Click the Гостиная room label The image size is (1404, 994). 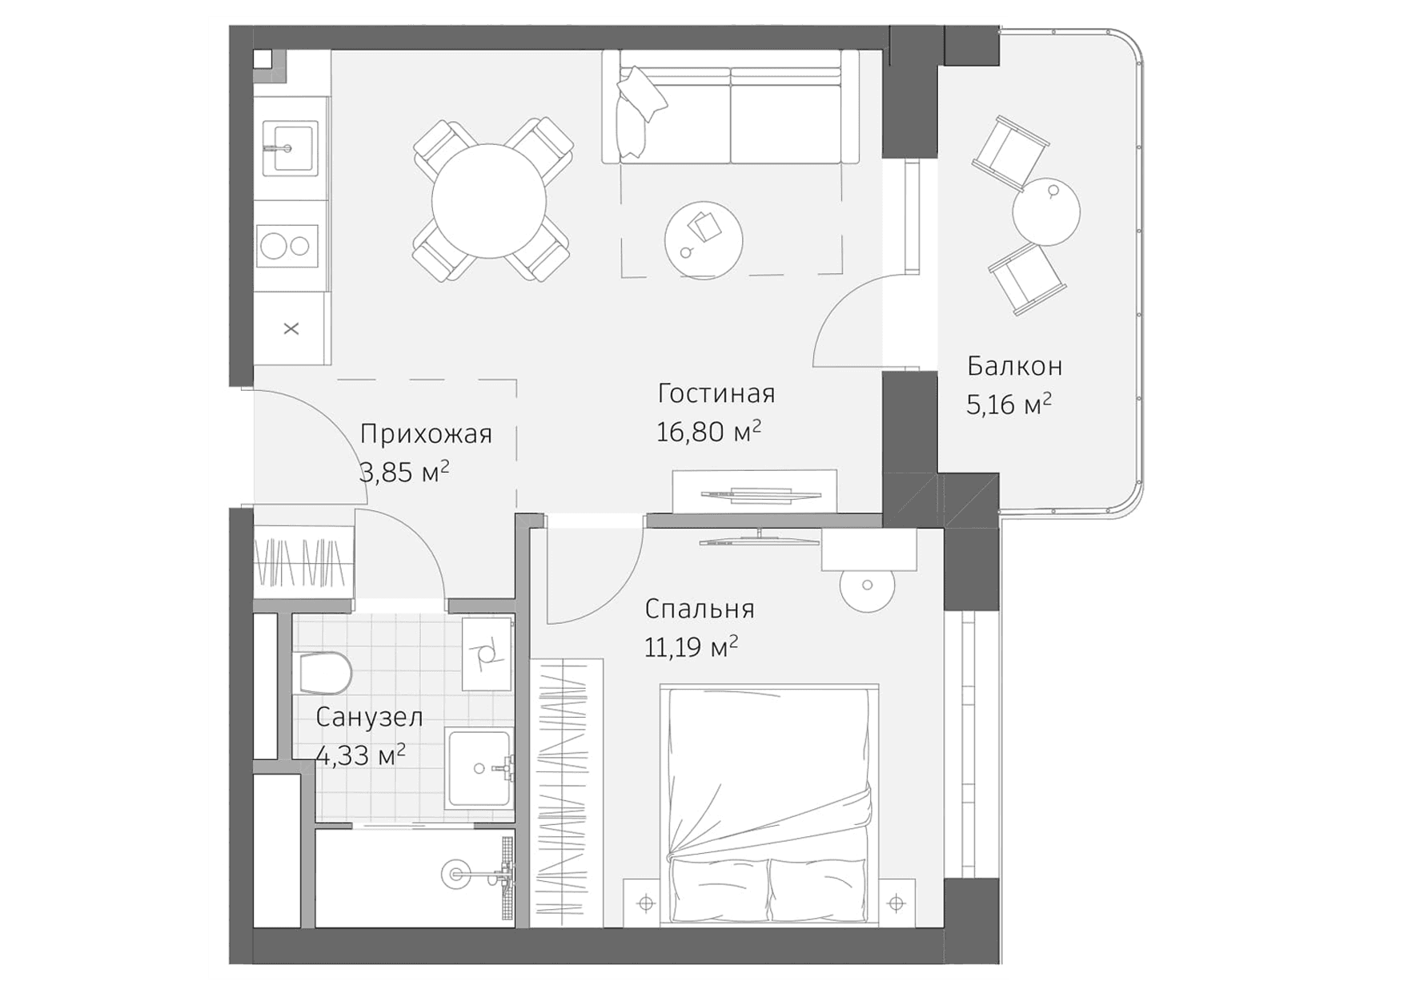click(x=716, y=393)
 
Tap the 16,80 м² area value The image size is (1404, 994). click(x=708, y=432)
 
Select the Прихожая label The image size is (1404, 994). click(x=425, y=434)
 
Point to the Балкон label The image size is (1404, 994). click(x=1014, y=366)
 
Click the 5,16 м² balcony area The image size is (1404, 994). click(x=1008, y=404)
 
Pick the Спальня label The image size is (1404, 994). click(x=699, y=609)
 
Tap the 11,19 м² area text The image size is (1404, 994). click(x=690, y=646)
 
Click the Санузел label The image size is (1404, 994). click(x=369, y=717)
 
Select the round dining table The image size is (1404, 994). click(x=489, y=200)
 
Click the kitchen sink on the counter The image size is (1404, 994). click(x=291, y=147)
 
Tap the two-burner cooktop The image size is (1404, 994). click(x=287, y=245)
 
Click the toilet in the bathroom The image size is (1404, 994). click(x=323, y=673)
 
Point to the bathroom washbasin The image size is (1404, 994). click(x=479, y=767)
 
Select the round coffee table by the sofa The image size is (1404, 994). click(x=704, y=239)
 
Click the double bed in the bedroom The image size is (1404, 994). click(x=768, y=805)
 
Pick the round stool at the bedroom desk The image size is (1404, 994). click(x=866, y=586)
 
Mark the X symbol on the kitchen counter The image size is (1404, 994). click(x=291, y=328)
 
